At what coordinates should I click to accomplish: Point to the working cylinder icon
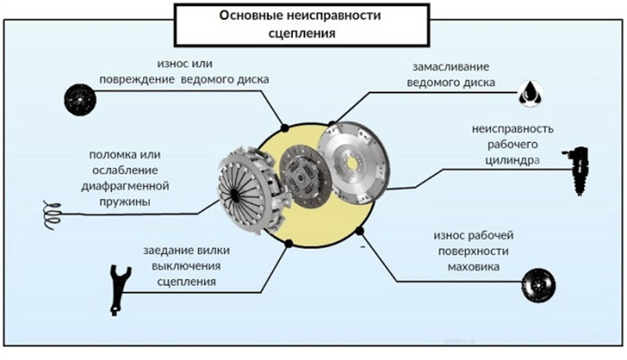[579, 171]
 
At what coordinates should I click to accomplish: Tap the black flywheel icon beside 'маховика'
[538, 283]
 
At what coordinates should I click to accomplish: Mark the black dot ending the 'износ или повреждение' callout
[286, 126]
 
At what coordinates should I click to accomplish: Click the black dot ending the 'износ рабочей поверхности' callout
[360, 230]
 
